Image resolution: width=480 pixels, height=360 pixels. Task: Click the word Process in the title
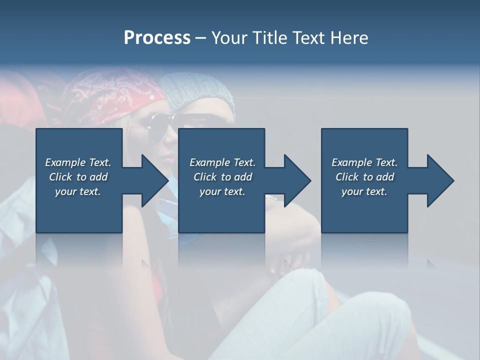(x=157, y=38)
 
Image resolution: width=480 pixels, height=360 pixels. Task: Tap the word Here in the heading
(x=349, y=38)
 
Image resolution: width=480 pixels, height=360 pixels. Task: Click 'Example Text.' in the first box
(x=78, y=162)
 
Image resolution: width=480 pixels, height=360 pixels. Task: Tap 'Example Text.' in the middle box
(x=222, y=162)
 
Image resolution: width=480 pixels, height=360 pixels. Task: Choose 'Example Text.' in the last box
(x=364, y=162)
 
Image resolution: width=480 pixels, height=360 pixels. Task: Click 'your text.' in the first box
(x=78, y=191)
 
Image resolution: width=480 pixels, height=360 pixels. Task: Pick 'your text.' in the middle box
(x=222, y=191)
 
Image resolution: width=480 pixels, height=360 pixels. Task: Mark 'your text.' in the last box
(x=364, y=191)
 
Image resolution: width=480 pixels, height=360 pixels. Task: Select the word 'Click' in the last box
(x=347, y=177)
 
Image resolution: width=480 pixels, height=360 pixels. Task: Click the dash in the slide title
(x=201, y=38)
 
